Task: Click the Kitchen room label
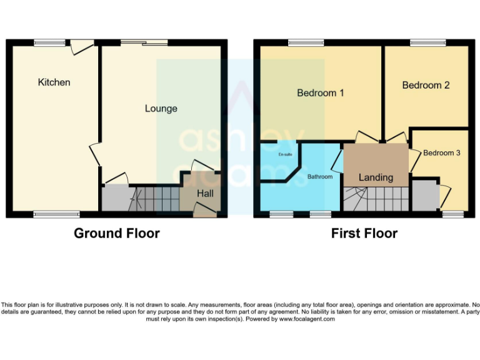(54, 82)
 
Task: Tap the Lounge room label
(161, 109)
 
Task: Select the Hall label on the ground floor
(205, 194)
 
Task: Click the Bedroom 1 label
(320, 93)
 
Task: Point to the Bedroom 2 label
(426, 85)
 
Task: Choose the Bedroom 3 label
(442, 152)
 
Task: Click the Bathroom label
(319, 177)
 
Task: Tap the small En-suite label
(285, 154)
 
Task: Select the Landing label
(376, 177)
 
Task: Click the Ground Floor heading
(117, 234)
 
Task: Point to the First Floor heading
(364, 234)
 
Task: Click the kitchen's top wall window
(49, 42)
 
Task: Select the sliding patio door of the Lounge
(144, 42)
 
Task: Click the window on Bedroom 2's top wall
(428, 42)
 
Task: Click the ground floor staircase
(154, 200)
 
